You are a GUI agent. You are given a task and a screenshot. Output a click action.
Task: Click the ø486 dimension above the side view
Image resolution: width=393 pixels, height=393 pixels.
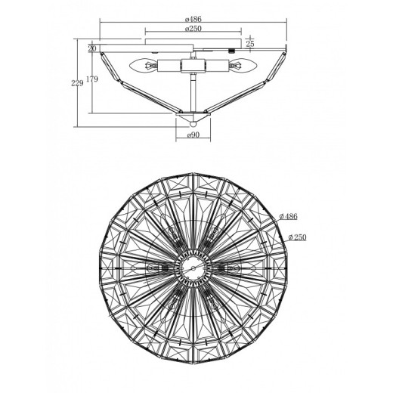(193, 19)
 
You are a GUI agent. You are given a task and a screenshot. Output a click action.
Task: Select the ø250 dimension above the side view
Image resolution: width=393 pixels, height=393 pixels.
(193, 29)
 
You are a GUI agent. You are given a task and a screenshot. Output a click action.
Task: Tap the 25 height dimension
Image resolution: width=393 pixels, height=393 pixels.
(250, 44)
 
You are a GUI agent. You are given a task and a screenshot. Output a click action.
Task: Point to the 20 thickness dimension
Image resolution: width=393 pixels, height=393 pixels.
(92, 48)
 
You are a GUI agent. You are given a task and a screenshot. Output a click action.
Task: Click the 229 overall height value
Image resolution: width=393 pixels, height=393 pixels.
(77, 83)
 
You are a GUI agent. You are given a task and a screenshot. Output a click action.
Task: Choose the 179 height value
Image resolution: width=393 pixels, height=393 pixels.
(92, 79)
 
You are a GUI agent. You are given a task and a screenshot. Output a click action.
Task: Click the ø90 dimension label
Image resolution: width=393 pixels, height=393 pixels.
(193, 135)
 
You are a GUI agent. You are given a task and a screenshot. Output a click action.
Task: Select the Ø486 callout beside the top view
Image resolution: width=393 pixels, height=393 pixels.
(289, 216)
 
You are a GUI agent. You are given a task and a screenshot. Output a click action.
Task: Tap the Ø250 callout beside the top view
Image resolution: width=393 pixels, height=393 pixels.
(298, 237)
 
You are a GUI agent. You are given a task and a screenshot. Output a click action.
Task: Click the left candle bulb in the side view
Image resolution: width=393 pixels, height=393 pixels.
(143, 66)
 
